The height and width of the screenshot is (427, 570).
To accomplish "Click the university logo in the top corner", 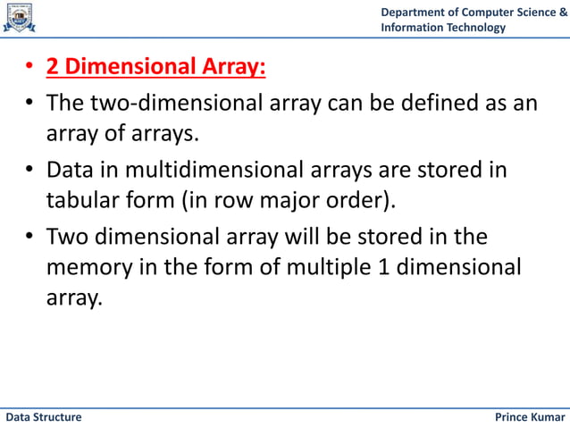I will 19,18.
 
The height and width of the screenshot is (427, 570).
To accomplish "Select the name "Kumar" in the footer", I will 546,417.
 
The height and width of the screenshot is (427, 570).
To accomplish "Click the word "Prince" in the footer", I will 510,417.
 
